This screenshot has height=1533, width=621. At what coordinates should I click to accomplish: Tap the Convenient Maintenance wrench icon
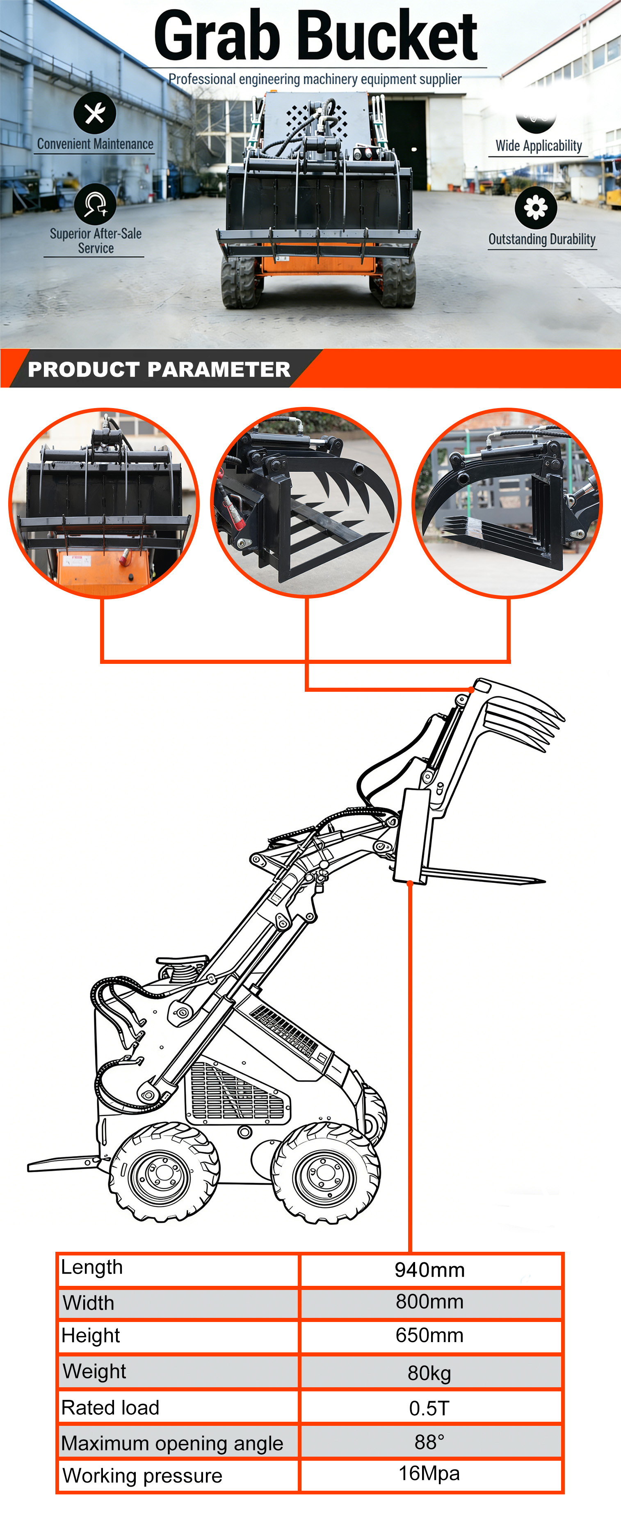coord(95,112)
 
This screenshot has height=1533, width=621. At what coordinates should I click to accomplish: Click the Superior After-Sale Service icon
coord(95,204)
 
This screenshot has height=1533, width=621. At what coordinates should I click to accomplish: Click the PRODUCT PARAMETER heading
coord(159,369)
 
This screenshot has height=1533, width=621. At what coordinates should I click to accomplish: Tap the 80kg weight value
coord(429,1373)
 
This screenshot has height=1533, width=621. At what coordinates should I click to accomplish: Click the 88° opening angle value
coord(429,1442)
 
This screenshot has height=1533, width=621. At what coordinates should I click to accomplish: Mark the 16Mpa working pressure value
coord(429,1473)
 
